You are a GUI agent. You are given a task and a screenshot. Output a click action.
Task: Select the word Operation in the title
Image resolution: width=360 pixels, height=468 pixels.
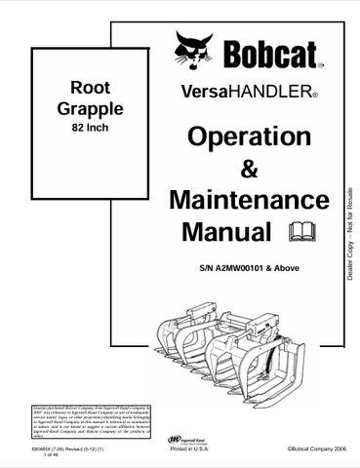pyautogui.click(x=249, y=137)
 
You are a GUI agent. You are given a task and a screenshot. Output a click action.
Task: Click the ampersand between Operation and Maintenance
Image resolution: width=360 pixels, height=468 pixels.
pyautogui.click(x=249, y=170)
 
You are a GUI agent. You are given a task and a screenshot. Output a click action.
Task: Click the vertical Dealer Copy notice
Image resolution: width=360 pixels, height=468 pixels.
pyautogui.click(x=349, y=228)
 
